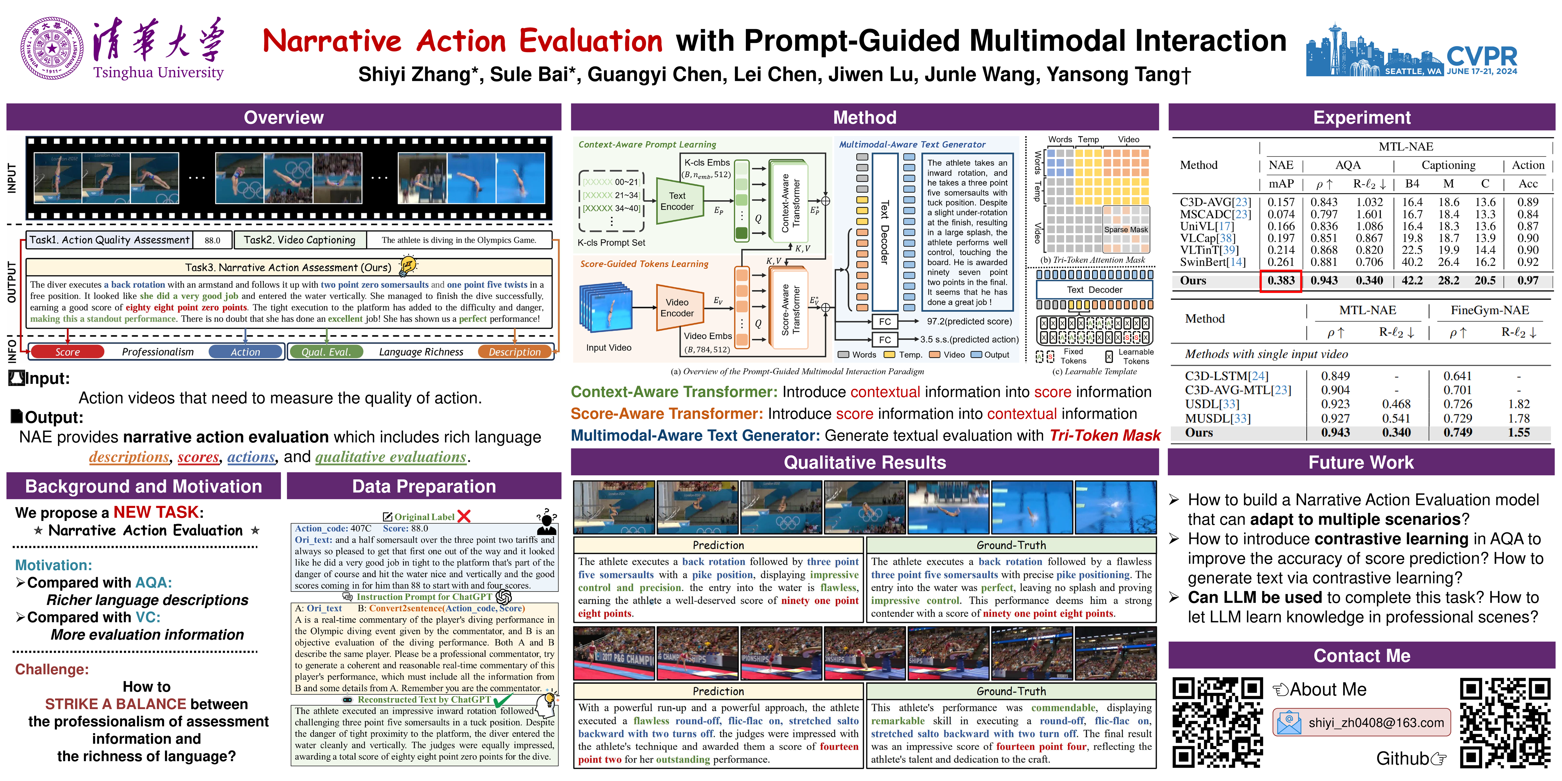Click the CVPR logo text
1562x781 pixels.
pos(1481,56)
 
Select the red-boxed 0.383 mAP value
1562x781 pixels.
pos(1281,281)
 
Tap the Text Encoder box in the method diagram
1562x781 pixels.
pos(677,201)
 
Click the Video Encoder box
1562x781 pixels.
pos(677,308)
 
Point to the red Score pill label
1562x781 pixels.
pos(67,352)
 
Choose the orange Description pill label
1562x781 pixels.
pos(514,352)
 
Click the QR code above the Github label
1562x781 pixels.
pos(1504,722)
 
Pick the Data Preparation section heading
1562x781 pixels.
pos(424,486)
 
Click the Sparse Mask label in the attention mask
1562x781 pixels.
pos(1125,230)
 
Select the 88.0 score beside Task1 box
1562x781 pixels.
pos(212,240)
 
